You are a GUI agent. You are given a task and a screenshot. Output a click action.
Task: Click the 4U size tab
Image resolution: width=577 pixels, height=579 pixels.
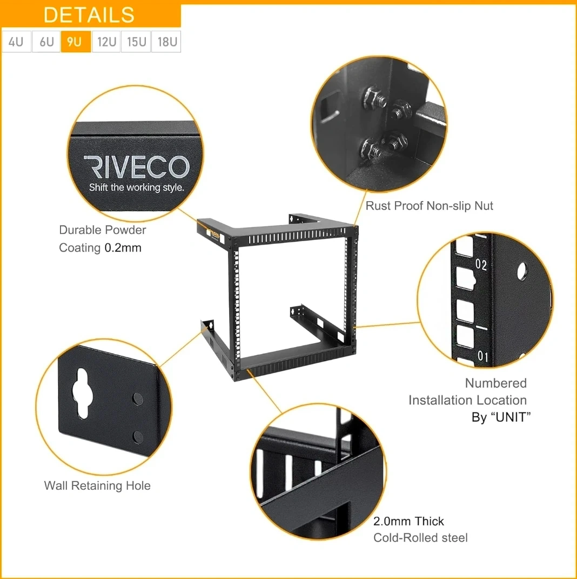(16, 42)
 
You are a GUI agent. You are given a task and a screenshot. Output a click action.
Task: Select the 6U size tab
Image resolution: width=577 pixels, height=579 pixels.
(46, 42)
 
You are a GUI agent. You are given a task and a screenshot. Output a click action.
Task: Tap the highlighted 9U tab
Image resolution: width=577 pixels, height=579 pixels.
(76, 42)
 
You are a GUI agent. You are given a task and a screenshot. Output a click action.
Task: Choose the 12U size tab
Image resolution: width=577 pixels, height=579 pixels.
(106, 42)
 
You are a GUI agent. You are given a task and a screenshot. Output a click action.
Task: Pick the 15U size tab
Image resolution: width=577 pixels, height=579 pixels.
(136, 42)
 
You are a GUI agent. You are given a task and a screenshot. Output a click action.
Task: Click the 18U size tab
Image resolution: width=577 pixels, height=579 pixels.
(166, 42)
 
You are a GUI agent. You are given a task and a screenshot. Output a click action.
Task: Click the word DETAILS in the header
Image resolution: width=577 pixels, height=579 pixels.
(89, 15)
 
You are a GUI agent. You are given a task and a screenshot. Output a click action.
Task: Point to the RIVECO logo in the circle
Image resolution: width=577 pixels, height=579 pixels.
(137, 167)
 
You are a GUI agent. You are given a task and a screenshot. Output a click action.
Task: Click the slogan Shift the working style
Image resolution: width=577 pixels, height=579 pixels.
(137, 188)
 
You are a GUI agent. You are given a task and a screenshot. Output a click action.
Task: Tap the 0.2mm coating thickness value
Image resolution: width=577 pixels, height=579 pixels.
(123, 248)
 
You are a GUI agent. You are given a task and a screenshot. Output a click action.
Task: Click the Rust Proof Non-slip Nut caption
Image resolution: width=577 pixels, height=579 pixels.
(429, 205)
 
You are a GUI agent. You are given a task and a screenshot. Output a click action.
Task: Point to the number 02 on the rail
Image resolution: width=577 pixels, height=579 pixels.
(481, 264)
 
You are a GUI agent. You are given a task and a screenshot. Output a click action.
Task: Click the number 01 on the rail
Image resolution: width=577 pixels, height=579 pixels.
(482, 356)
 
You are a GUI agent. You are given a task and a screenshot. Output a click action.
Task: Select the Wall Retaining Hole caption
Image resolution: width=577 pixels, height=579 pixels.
(97, 485)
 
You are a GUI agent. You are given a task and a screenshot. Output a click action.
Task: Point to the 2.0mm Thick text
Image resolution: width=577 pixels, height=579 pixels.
(408, 521)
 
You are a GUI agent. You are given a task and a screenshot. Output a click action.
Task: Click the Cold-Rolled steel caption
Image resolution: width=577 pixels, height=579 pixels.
(420, 537)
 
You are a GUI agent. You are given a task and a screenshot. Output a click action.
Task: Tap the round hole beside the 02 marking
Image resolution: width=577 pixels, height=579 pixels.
(522, 271)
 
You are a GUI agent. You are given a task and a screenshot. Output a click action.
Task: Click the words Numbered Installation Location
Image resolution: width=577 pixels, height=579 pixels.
(467, 391)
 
